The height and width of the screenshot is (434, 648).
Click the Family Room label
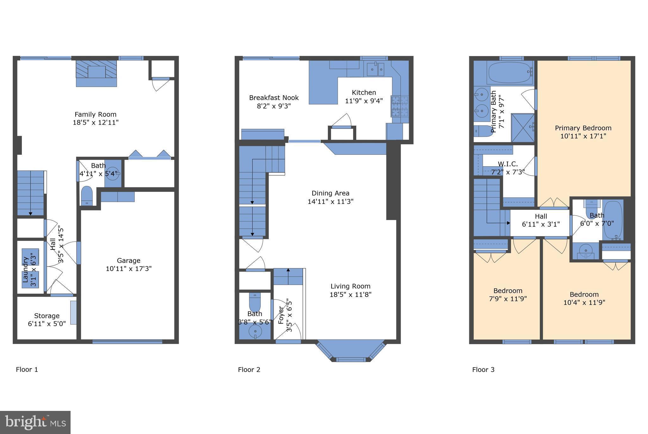96,114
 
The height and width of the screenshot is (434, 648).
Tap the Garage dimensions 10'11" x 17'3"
128,269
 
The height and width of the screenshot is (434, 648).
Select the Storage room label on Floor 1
47,316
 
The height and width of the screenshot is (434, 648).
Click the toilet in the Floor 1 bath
87,196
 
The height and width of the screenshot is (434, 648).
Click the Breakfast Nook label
274,98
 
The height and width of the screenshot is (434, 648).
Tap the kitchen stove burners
400,106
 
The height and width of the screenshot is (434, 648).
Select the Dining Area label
331,193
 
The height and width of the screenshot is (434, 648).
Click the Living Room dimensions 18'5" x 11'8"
351,294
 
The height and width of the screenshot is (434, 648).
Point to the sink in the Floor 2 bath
255,332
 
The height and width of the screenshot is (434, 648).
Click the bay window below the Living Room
351,351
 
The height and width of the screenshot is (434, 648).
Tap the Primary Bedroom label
583,128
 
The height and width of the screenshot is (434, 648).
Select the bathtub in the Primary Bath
510,72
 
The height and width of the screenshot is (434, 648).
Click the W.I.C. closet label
508,164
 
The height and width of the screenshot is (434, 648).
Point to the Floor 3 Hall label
541,217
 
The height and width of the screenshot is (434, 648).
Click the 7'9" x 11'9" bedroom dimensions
508,299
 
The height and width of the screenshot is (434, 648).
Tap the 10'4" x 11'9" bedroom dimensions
584,302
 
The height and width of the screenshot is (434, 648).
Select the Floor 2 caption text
249,369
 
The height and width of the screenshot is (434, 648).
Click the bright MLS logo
35,422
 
